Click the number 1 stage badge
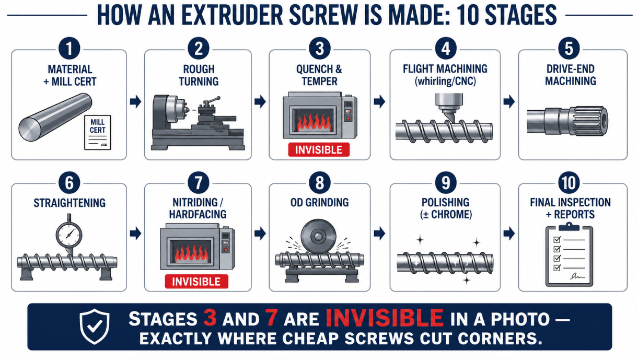[x=69, y=49]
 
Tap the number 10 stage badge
[x=569, y=182]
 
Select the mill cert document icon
[x=97, y=132]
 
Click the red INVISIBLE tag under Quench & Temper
[x=319, y=150]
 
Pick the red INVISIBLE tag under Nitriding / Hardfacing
[x=196, y=282]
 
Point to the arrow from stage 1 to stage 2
[x=135, y=102]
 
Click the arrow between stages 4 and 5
[x=509, y=102]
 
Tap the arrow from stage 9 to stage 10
[x=509, y=234]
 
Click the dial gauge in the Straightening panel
[x=69, y=235]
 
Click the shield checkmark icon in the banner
[x=95, y=327]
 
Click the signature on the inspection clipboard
[x=577, y=276]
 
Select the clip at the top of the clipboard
[x=569, y=227]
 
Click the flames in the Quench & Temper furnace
[x=314, y=122]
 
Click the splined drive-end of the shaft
[x=589, y=121]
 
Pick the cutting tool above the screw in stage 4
[x=449, y=108]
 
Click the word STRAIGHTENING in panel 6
[x=69, y=203]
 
